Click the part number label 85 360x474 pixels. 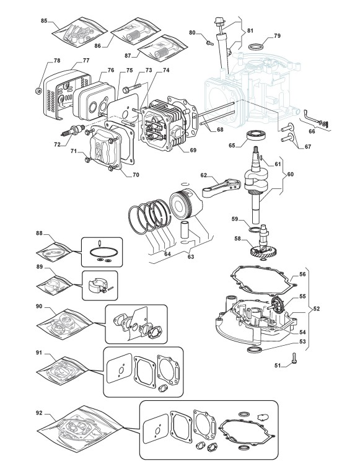pyautogui.click(x=44, y=21)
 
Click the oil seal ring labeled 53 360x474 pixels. pyautogui.click(x=253, y=349)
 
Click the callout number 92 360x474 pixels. pyautogui.click(x=40, y=413)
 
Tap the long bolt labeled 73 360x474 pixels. pyautogui.click(x=132, y=87)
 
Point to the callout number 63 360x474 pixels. pyautogui.click(x=191, y=257)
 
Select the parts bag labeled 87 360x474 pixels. pyautogui.click(x=162, y=48)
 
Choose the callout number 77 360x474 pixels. pyautogui.click(x=86, y=61)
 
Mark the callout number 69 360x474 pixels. pyautogui.click(x=193, y=150)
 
